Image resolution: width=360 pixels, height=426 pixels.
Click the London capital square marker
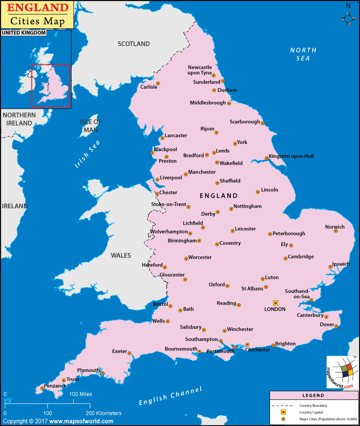coord(275,303)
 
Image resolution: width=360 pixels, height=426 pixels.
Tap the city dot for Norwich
coord(336,231)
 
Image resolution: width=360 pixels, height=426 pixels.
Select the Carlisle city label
coord(149,87)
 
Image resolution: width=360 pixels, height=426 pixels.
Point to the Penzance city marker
coord(42,388)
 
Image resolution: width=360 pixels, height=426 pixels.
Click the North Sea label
coord(303,54)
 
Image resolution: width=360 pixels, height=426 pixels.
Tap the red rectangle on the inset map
coord(50,85)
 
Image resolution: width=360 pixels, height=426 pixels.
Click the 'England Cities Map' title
coord(37,14)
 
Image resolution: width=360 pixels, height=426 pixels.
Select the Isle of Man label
coord(90,126)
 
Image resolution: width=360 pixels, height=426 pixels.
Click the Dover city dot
coord(336,326)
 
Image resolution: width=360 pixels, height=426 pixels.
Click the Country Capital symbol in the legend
coord(283,412)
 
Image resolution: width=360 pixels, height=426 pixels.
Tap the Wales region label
coord(121,256)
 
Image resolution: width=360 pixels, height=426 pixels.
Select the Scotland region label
coord(134,44)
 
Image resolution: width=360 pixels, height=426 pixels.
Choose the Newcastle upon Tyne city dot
coord(214,76)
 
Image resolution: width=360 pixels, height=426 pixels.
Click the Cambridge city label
coord(301,257)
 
